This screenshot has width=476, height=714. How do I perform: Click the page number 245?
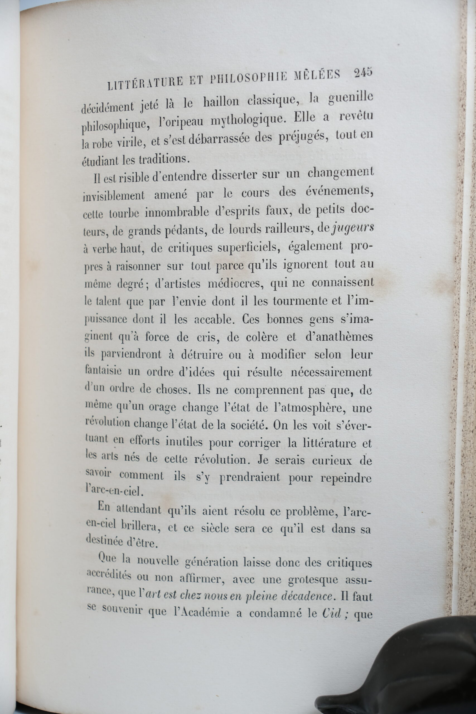point(363,73)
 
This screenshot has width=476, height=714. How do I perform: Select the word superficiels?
point(245,248)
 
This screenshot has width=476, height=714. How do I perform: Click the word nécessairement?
point(332,372)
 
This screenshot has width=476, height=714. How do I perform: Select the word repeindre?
point(346,478)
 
